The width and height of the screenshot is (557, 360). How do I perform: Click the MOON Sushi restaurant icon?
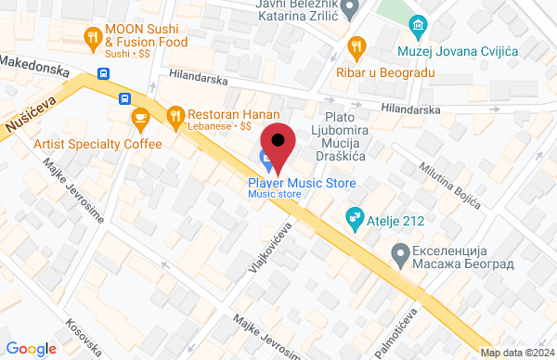click(92, 38)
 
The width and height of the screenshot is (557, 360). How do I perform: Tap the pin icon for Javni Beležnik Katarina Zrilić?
click(350, 11)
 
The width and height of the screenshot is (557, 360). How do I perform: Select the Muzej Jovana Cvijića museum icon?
click(420, 24)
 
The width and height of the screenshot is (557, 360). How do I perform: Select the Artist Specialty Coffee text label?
click(97, 144)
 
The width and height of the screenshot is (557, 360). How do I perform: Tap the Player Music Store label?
click(302, 184)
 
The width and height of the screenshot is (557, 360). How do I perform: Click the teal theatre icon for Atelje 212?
click(354, 219)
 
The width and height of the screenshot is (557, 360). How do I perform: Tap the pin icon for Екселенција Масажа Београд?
click(400, 251)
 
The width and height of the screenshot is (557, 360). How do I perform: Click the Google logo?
click(32, 348)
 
